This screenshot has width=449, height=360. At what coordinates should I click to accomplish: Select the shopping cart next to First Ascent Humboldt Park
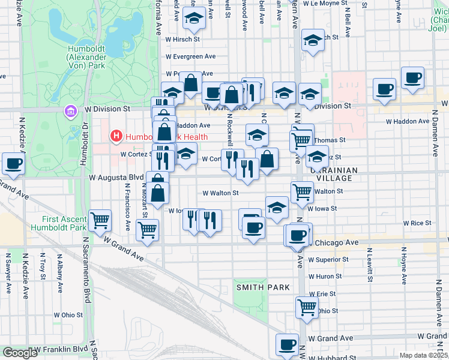[100, 220]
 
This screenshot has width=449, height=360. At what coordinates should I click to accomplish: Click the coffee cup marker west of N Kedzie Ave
[13, 164]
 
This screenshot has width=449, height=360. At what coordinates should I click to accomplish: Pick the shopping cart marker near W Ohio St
[307, 307]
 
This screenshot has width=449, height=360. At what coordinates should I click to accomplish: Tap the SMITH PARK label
[263, 287]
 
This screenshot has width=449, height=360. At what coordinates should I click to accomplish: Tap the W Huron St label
[325, 277]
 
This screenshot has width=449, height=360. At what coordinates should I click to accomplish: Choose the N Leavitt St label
[369, 267]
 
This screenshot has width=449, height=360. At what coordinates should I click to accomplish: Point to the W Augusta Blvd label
[116, 178]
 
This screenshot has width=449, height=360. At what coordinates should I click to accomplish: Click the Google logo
[20, 353]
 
